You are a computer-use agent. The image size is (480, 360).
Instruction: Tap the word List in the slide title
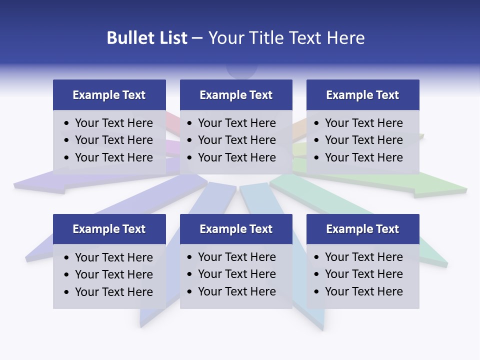click(171, 38)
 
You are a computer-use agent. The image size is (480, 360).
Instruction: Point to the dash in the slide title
click(197, 38)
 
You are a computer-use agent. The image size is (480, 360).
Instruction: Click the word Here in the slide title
click(345, 38)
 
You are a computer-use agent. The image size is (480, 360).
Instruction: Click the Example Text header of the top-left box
click(109, 95)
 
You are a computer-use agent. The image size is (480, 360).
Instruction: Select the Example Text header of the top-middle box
click(236, 95)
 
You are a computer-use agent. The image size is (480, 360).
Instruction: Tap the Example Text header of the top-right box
click(362, 95)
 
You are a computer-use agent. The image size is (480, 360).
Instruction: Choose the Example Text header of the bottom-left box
click(109, 229)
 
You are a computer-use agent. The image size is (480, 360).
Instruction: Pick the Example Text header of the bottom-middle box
click(236, 229)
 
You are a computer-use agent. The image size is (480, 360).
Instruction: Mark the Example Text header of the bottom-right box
click(362, 229)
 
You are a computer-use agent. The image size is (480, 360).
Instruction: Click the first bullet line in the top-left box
click(113, 123)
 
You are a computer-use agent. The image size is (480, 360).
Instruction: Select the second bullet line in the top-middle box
click(236, 140)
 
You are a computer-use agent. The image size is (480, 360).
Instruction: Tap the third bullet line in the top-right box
click(363, 157)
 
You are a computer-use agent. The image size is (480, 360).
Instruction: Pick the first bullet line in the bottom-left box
click(113, 257)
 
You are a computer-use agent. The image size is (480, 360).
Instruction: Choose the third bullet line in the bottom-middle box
click(236, 291)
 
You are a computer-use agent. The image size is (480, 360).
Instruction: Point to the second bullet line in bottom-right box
click(363, 274)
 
